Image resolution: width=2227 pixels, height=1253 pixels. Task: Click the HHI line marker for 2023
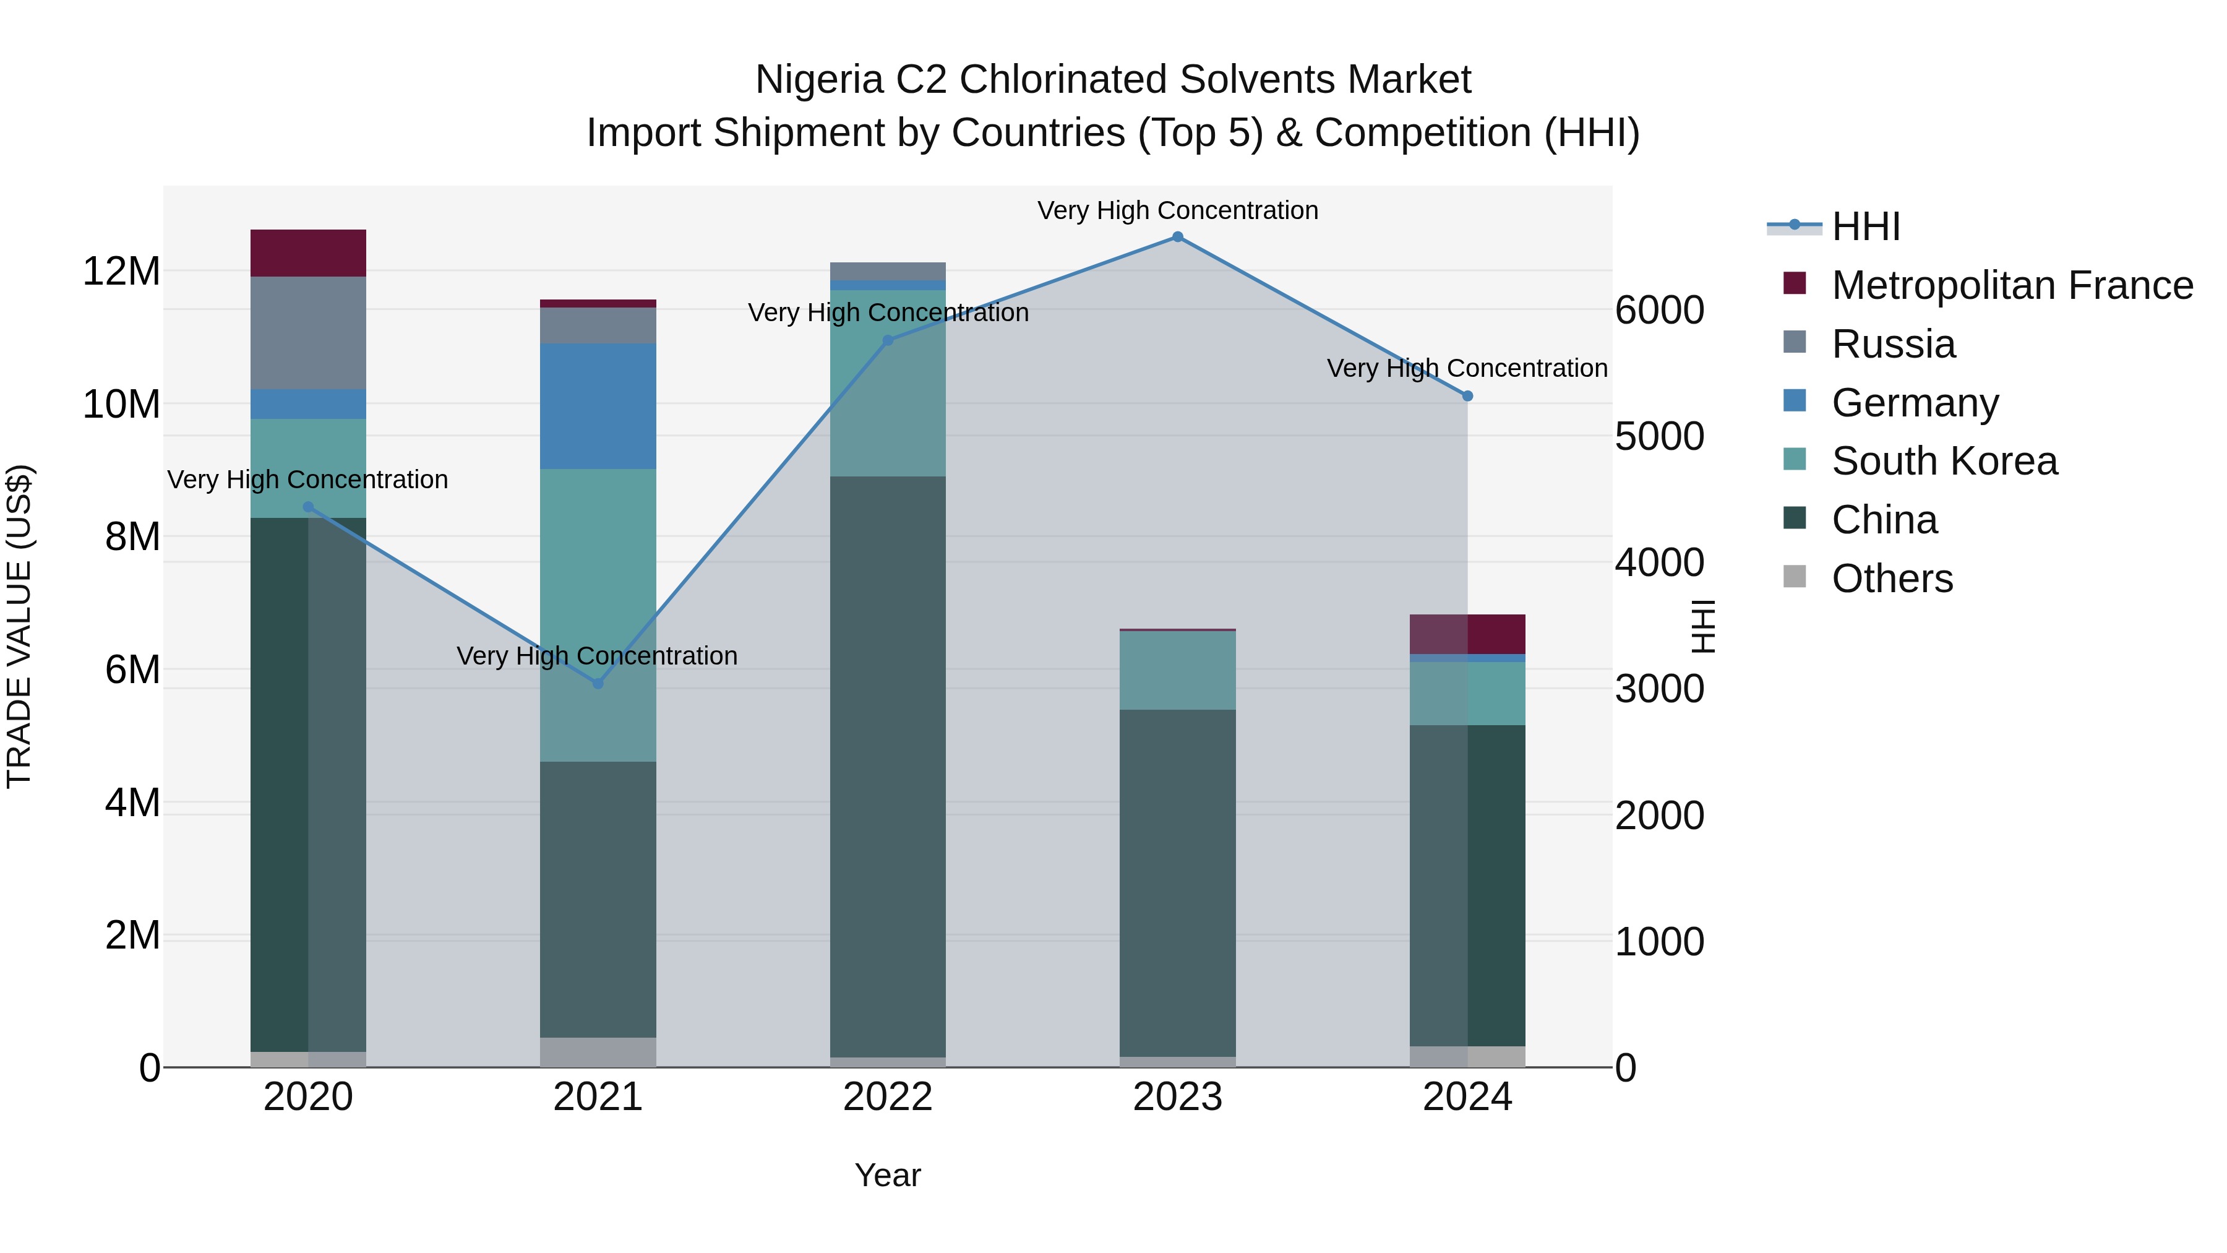(x=1177, y=237)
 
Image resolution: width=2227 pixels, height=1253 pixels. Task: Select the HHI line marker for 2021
(x=598, y=683)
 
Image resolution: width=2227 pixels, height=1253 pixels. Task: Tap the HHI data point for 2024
(x=1467, y=396)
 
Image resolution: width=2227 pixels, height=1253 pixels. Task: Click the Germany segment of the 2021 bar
(x=598, y=407)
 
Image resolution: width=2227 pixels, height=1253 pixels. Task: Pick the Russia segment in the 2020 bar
(x=309, y=333)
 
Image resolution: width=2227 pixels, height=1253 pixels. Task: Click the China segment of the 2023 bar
(x=1177, y=882)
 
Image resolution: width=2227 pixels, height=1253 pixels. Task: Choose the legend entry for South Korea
(x=1944, y=461)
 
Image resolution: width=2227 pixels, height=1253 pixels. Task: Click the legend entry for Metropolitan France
(x=2011, y=285)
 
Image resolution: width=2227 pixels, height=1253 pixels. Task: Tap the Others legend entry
(x=1892, y=579)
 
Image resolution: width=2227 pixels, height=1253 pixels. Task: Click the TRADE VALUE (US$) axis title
(x=19, y=626)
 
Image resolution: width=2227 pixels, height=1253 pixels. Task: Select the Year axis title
(x=888, y=1175)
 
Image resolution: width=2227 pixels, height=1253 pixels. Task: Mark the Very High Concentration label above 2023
(x=1177, y=210)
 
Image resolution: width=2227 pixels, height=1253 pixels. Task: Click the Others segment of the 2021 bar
(x=598, y=1051)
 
